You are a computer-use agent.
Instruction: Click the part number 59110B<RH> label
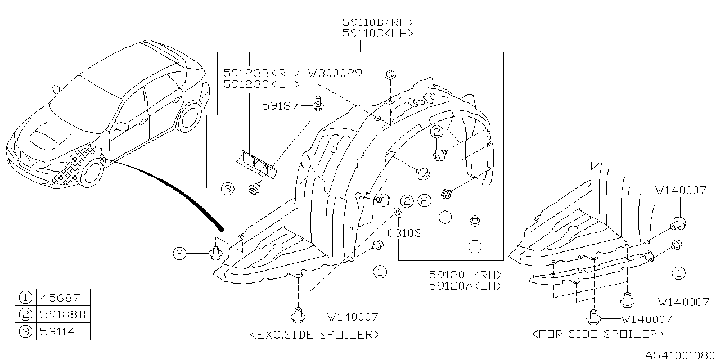[x=378, y=22]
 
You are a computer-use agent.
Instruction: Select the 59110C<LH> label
[x=378, y=34]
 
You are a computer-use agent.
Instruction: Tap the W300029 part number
[x=335, y=73]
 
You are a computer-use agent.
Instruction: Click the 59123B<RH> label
[x=262, y=73]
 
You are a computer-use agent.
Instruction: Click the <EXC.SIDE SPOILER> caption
[x=314, y=335]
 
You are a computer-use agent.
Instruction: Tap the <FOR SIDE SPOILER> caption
[x=597, y=335]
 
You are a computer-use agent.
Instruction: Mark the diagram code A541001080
[x=681, y=355]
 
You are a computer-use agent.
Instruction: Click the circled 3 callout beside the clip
[x=227, y=190]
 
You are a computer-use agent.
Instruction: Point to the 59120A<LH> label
[x=465, y=286]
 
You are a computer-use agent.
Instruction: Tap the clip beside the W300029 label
[x=389, y=74]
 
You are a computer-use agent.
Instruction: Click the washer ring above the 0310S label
[x=397, y=213]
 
